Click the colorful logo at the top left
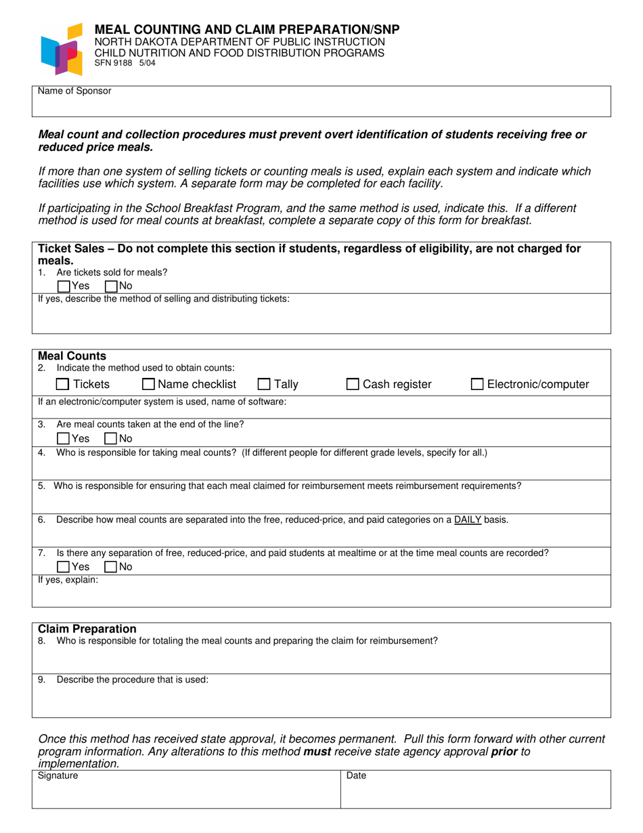[x=62, y=49]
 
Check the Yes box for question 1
[x=64, y=286]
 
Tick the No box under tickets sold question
[x=112, y=286]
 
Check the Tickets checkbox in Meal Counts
[x=62, y=385]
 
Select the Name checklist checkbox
[x=148, y=385]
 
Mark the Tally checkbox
[x=265, y=385]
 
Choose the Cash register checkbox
[x=353, y=385]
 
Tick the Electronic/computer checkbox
[x=477, y=385]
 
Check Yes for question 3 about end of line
[x=64, y=438]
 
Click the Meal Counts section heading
[x=72, y=356]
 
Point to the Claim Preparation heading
[x=87, y=629]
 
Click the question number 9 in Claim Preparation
[x=41, y=679]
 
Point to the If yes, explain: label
[x=68, y=580]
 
